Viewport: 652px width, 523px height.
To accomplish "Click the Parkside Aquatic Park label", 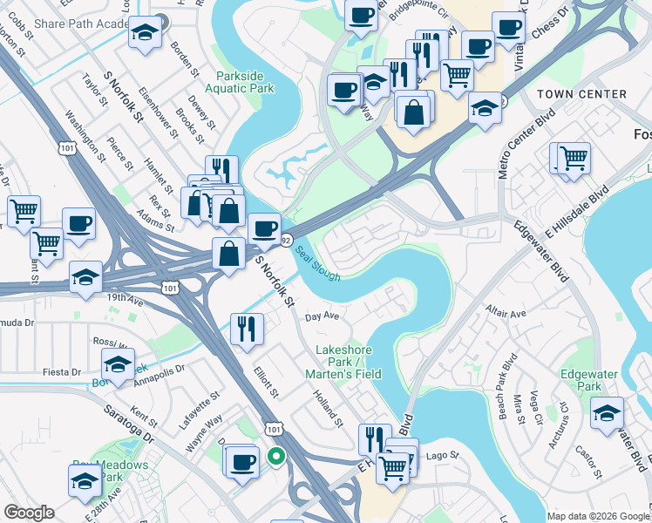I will click(240, 81).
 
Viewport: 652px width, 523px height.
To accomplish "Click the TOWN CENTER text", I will click(582, 94).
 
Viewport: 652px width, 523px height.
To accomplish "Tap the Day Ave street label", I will click(321, 316).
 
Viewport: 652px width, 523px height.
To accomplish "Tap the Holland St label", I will click(329, 408).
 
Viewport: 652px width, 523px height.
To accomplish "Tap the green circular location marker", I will click(276, 455).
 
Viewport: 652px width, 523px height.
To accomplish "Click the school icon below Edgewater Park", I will click(607, 412).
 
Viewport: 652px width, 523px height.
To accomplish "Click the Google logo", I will click(29, 513).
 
